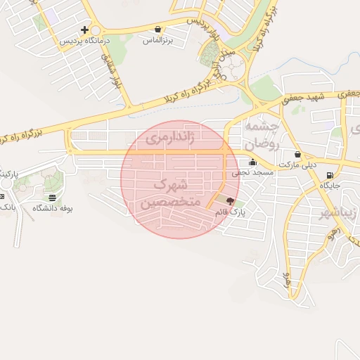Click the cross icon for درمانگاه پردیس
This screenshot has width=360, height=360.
[x=85, y=30]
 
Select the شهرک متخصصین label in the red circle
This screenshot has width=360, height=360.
[x=172, y=193]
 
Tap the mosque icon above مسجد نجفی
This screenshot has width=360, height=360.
[x=252, y=162]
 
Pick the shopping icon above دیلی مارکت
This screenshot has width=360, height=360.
[x=298, y=154]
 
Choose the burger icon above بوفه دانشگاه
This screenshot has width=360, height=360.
[x=53, y=198]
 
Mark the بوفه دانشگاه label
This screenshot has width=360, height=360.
[x=53, y=208]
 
